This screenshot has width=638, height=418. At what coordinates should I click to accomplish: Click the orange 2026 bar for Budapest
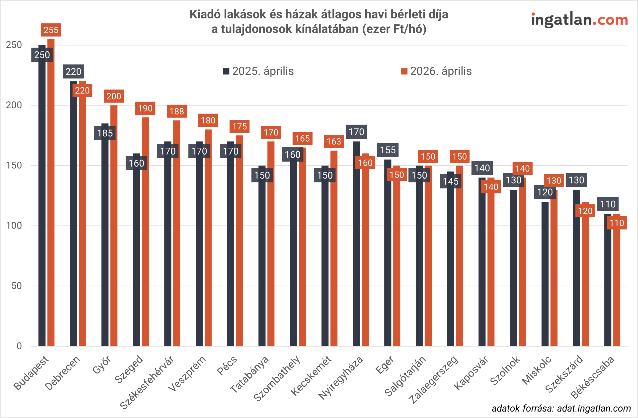pyautogui.click(x=51, y=193)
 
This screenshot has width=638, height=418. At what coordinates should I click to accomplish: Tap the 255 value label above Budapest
pyautogui.click(x=51, y=30)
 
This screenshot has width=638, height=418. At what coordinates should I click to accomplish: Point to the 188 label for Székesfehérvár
pyautogui.click(x=177, y=111)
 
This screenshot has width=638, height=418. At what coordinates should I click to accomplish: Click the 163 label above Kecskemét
pyautogui.click(x=334, y=141)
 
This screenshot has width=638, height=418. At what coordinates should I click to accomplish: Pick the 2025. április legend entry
pyautogui.click(x=259, y=71)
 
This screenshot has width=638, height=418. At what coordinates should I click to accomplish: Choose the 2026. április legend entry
pyautogui.click(x=436, y=71)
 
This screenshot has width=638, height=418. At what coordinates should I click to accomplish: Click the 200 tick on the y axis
pyautogui.click(x=14, y=105)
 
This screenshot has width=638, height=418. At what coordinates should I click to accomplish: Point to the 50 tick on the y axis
pyautogui.click(x=17, y=286)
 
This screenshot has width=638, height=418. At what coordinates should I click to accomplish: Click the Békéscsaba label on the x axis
pyautogui.click(x=592, y=378)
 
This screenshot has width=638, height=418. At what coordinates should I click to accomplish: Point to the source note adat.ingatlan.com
pyautogui.click(x=561, y=408)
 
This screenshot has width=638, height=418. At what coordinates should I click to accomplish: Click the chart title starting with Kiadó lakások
pyautogui.click(x=319, y=21)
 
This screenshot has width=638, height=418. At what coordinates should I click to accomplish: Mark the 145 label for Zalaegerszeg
pyautogui.click(x=451, y=181)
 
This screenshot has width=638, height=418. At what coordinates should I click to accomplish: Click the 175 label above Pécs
pyautogui.click(x=239, y=126)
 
